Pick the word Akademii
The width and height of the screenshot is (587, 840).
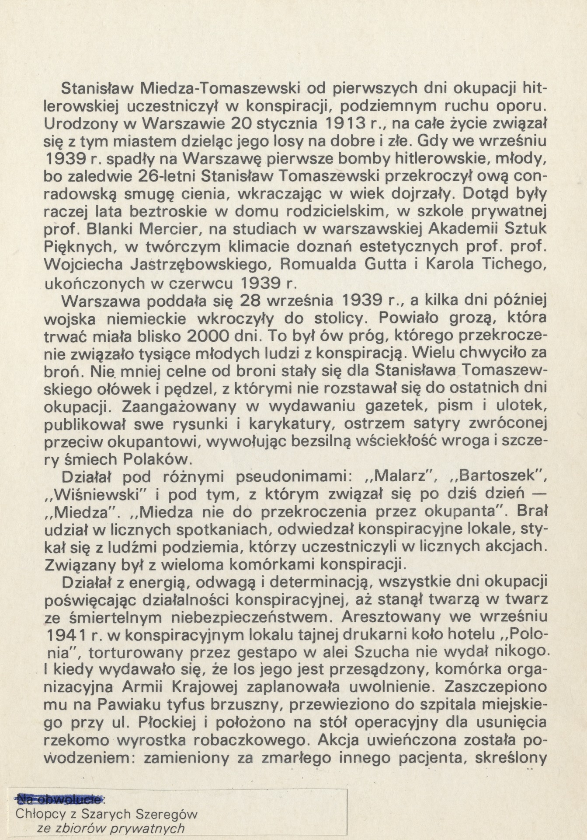pos(466,229)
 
